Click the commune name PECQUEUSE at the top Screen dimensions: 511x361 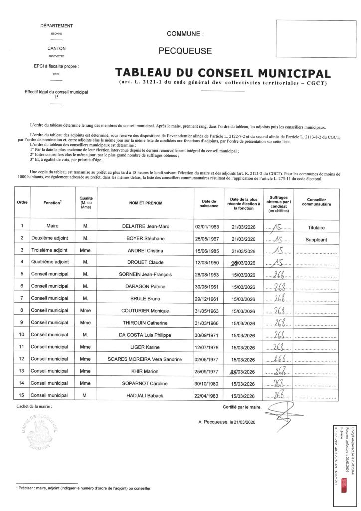click(x=185, y=50)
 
